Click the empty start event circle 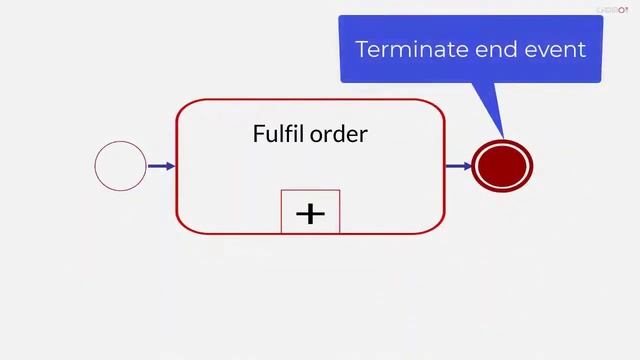pyautogui.click(x=120, y=166)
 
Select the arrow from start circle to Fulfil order pyautogui.click(x=161, y=166)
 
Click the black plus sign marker pyautogui.click(x=311, y=213)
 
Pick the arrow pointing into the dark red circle pyautogui.click(x=458, y=166)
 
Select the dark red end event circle pyautogui.click(x=503, y=166)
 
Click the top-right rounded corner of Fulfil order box pyautogui.click(x=437, y=106)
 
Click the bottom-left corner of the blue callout pyautogui.click(x=342, y=80)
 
